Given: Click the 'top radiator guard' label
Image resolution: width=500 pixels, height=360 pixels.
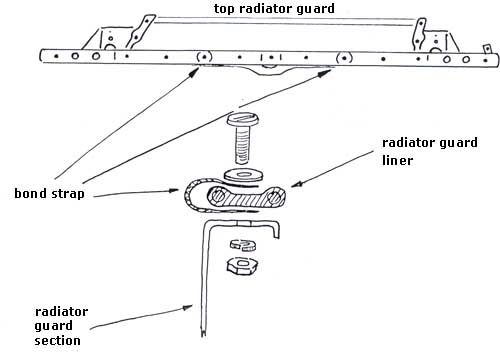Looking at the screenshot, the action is [274, 9].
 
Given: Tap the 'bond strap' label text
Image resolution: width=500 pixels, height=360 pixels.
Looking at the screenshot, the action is [49, 193].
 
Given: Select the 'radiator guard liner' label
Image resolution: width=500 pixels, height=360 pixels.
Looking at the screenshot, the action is [430, 151].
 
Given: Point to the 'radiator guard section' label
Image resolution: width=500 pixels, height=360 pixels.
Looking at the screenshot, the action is [61, 326].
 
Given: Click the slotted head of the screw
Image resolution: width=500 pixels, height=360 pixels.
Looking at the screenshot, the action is [243, 120].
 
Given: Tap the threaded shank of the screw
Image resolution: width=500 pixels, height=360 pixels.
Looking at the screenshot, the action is [243, 145].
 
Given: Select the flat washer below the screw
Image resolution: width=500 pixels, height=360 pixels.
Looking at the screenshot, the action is [244, 174].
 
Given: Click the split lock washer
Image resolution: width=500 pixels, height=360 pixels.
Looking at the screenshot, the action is [243, 245].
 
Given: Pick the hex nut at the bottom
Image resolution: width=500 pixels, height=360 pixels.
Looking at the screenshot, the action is [243, 265].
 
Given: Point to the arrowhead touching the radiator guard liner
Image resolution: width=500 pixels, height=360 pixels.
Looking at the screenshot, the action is [296, 184].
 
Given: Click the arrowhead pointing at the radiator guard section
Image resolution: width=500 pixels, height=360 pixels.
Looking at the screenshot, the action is [187, 308].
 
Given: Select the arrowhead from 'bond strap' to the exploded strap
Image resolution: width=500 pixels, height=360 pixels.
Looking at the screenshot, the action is [174, 191].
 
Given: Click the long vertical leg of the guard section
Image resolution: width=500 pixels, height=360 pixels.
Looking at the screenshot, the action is [204, 280].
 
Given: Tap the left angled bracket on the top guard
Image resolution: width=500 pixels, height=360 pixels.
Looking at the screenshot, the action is [139, 31].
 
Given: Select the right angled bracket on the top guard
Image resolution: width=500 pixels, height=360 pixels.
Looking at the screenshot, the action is [420, 34].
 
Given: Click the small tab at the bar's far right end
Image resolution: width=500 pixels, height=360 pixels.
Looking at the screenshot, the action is [487, 49].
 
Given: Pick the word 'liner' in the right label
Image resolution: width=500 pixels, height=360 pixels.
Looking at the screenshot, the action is [397, 160].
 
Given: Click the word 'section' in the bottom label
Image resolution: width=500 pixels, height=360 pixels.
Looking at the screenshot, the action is [57, 341].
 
